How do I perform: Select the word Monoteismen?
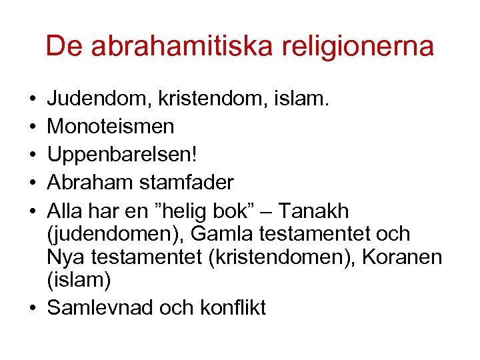(x=111, y=125)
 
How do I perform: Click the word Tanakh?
(x=313, y=211)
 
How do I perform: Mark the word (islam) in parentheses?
(x=79, y=279)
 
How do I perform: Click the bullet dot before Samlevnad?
(x=33, y=307)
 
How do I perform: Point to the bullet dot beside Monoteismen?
(x=33, y=126)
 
